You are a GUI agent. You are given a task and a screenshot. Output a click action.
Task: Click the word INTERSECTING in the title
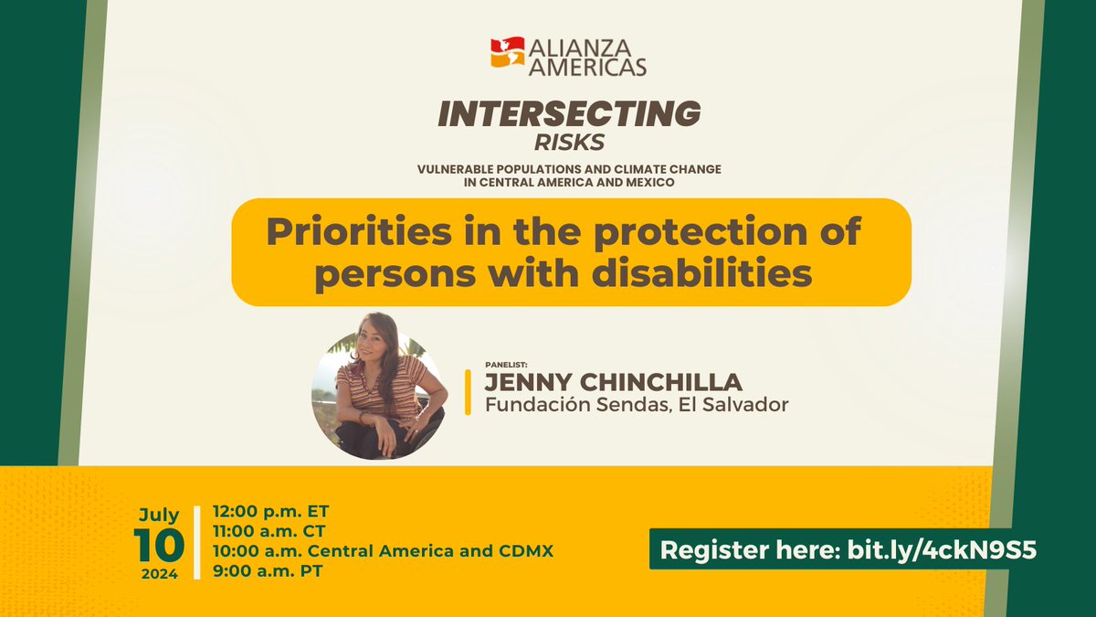[569, 114]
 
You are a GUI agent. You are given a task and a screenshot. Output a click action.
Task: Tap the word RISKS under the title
[570, 143]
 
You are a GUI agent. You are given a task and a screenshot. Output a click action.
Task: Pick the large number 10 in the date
[159, 546]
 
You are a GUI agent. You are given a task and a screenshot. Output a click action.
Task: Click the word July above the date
[159, 515]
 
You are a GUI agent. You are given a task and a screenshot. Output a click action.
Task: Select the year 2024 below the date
[159, 575]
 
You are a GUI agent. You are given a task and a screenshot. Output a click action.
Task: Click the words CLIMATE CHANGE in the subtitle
[672, 169]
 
